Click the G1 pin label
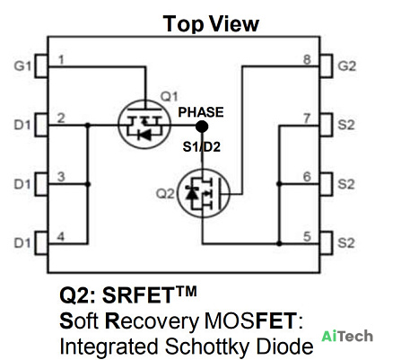[22, 66]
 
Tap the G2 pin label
[347, 66]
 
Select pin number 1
[61, 60]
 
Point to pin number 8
[307, 59]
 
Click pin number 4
[61, 237]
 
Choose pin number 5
[307, 237]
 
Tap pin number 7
[307, 119]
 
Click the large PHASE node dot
[202, 127]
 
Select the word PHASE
[201, 112]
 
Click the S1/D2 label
[202, 146]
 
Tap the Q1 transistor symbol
[144, 124]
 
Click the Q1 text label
[170, 97]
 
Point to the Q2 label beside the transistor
[165, 194]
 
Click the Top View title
[211, 24]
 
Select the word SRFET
[137, 295]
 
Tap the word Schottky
[207, 347]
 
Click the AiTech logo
[347, 336]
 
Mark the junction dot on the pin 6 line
[279, 184]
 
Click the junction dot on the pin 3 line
[88, 184]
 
